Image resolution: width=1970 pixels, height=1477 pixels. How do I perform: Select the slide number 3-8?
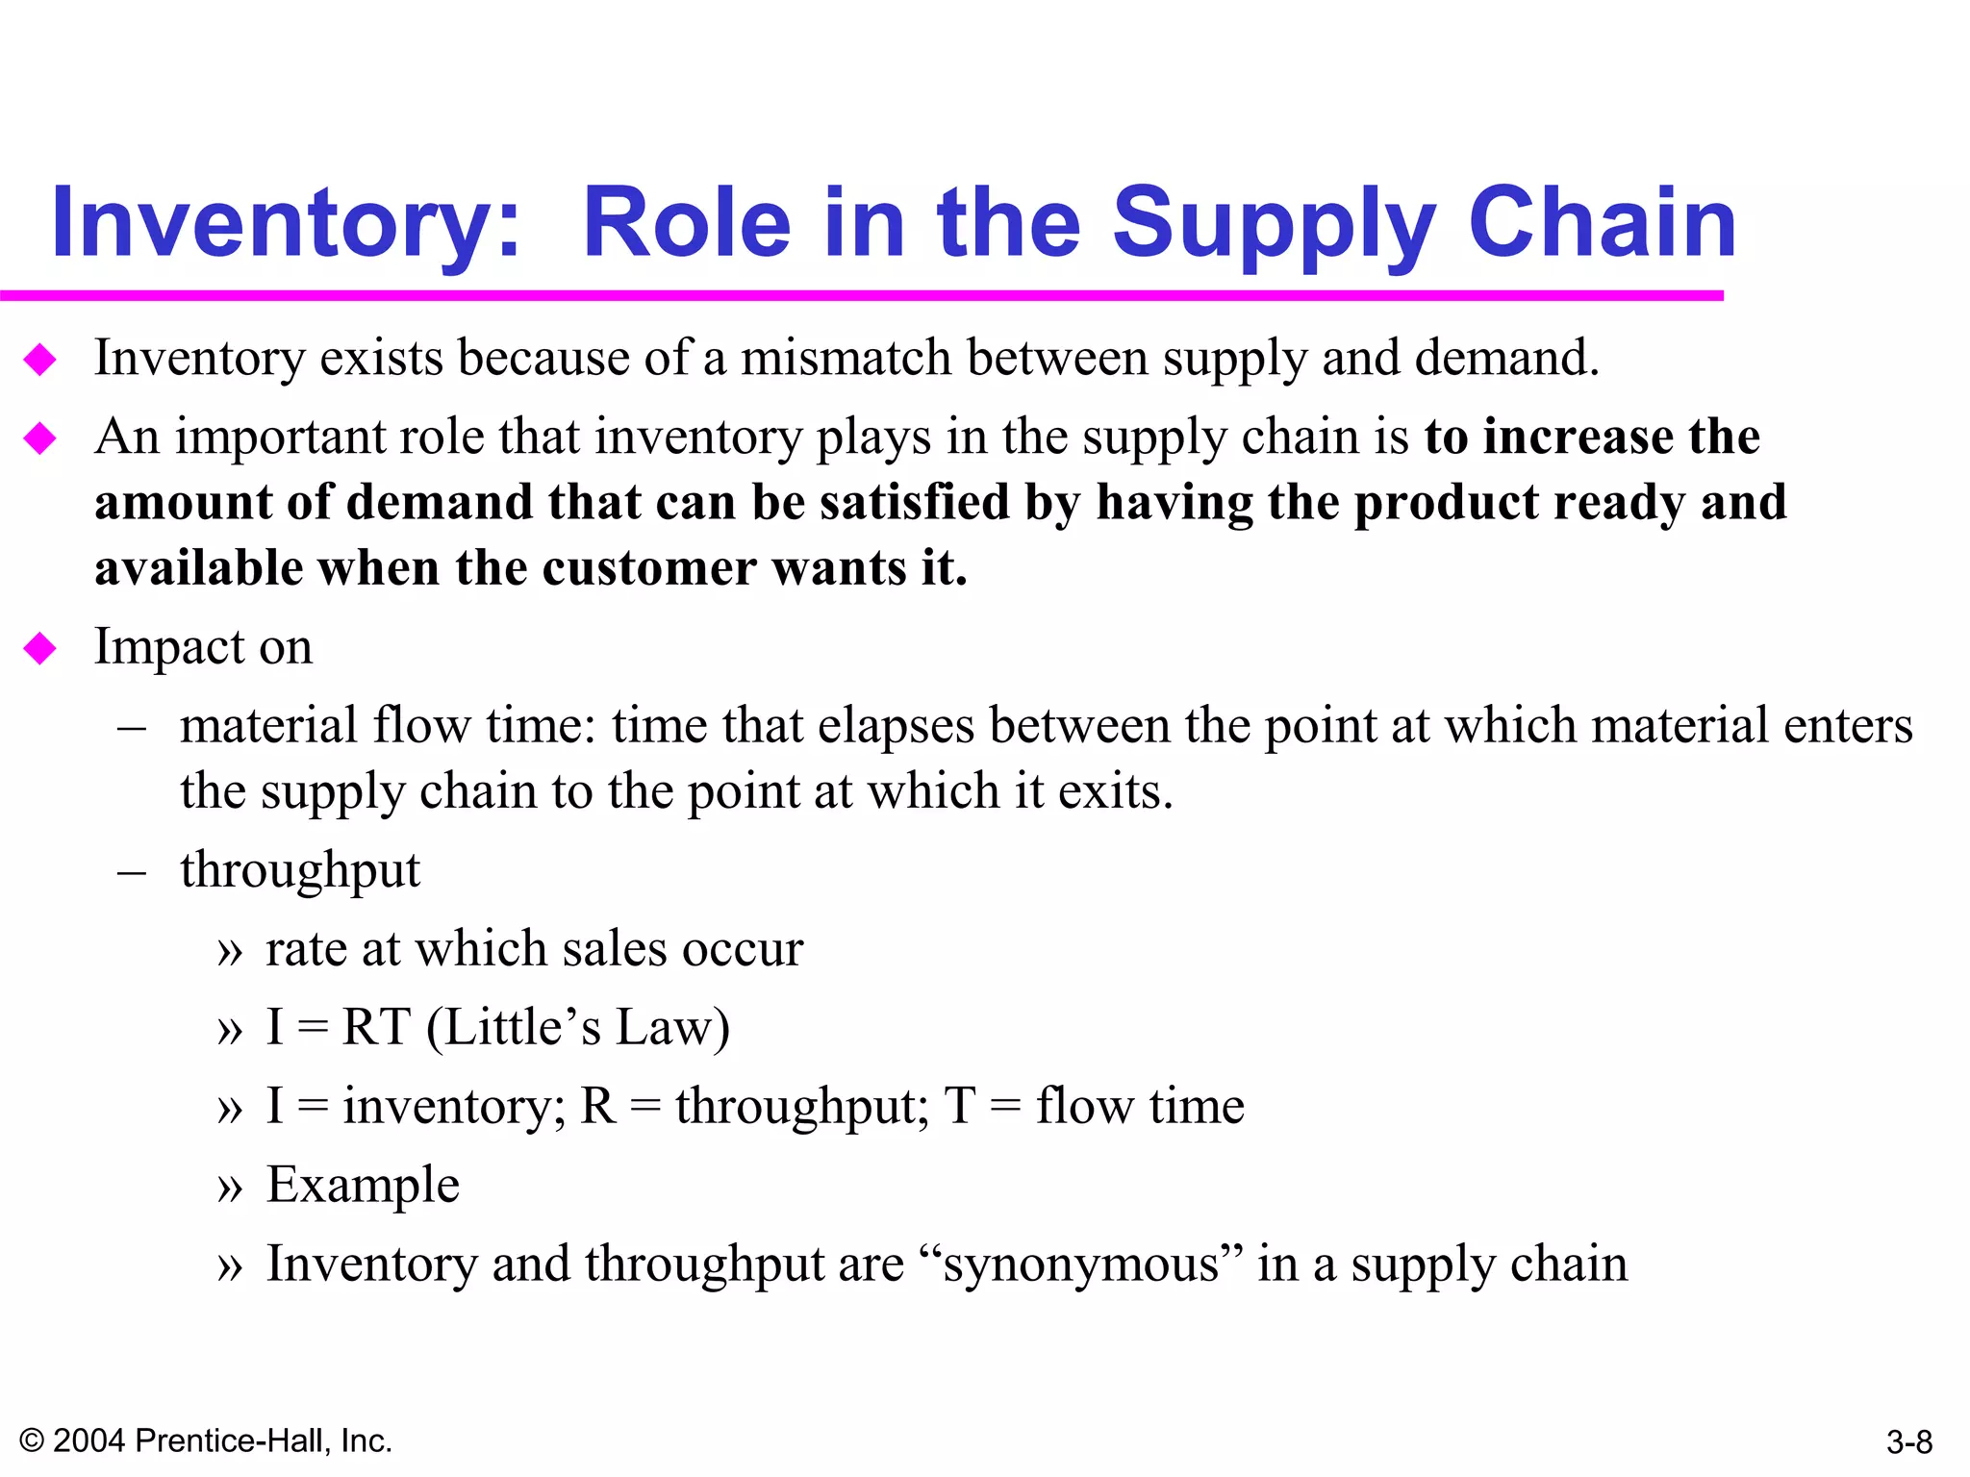[1909, 1441]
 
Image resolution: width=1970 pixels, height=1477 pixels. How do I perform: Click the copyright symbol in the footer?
[32, 1440]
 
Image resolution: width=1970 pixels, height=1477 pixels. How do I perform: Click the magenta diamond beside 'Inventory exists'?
[40, 361]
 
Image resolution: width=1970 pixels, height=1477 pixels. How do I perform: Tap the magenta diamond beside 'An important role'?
[40, 439]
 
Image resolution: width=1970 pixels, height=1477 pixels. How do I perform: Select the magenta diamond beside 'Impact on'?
[40, 649]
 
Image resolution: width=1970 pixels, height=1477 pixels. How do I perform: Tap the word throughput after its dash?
[300, 871]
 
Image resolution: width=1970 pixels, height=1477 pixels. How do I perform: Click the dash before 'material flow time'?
[132, 728]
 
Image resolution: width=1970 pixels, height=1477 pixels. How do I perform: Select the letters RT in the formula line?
[376, 1027]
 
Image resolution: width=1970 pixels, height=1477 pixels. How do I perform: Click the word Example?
[363, 1185]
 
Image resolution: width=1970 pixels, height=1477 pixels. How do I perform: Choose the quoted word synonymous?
[1081, 1265]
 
